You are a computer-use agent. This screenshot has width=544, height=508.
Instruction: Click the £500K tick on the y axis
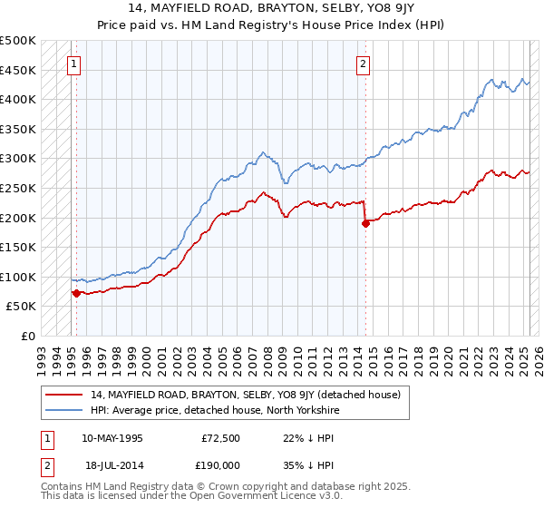click(x=18, y=41)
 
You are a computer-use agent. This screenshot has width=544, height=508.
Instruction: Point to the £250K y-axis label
click(x=18, y=188)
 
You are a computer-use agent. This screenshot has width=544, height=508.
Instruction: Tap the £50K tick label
click(x=22, y=307)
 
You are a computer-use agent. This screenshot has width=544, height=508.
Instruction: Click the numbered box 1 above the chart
click(x=73, y=63)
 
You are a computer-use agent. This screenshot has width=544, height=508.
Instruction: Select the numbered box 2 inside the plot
click(x=363, y=63)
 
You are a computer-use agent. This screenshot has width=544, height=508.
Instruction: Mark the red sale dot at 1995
click(x=76, y=293)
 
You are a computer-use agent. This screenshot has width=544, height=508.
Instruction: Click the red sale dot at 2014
click(x=365, y=223)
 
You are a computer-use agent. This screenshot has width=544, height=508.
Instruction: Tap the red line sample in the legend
click(x=63, y=395)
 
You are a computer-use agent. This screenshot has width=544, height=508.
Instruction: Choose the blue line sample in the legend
click(x=63, y=410)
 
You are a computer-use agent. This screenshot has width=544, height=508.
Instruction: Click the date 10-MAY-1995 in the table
click(x=112, y=437)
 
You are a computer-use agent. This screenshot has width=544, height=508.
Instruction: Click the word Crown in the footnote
click(x=195, y=486)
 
